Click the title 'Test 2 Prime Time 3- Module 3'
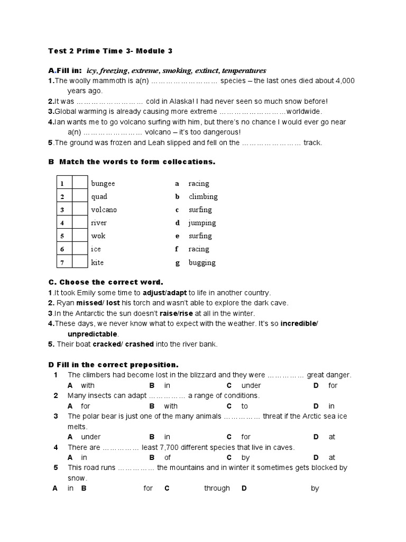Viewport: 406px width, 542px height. pyautogui.click(x=110, y=51)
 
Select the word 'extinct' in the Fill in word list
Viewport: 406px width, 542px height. pyautogui.click(x=207, y=70)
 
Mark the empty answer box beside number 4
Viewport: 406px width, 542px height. pyautogui.click(x=79, y=223)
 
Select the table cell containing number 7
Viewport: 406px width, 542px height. pyautogui.click(x=62, y=262)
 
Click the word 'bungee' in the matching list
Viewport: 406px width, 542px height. pyautogui.click(x=103, y=184)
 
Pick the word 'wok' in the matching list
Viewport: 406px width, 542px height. pyautogui.click(x=98, y=236)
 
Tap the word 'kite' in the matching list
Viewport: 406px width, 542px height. pyautogui.click(x=97, y=262)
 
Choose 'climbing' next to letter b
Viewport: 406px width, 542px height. pyautogui.click(x=203, y=197)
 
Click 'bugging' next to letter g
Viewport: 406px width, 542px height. pyautogui.click(x=202, y=263)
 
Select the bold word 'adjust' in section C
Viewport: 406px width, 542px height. pyautogui.click(x=154, y=293)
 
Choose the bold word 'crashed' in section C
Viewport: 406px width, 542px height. pyautogui.click(x=139, y=344)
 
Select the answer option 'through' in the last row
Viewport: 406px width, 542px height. pyautogui.click(x=217, y=489)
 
